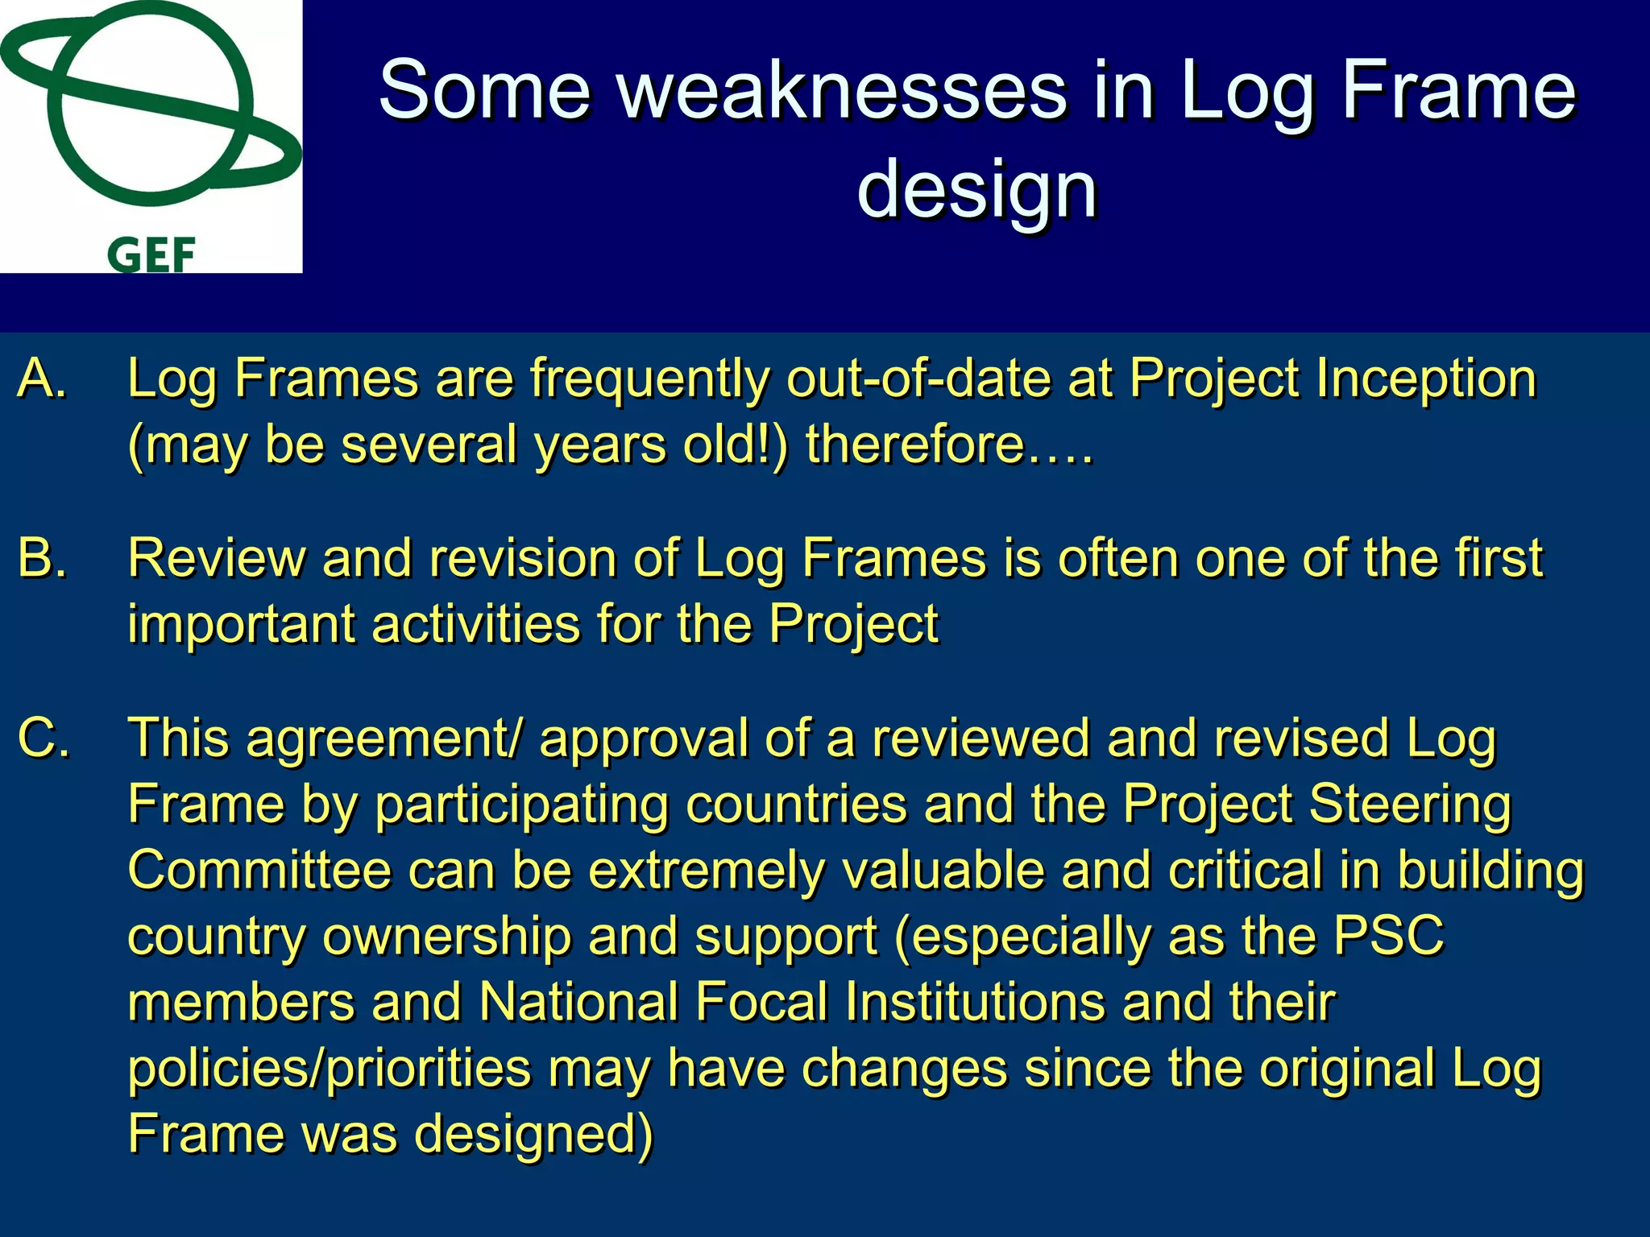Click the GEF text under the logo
point(151,256)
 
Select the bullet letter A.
point(42,378)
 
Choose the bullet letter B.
point(42,557)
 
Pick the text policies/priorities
point(330,1069)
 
